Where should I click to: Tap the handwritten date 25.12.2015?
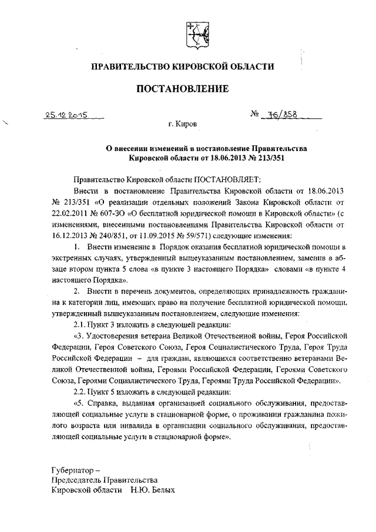65,116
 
